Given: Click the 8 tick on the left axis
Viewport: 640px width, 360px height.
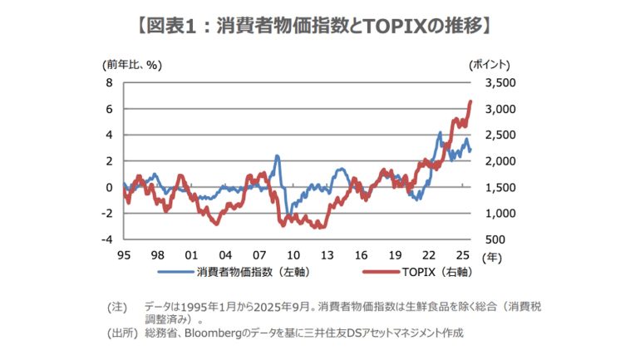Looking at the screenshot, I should coord(108,83).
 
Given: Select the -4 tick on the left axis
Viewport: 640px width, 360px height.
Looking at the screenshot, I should coord(106,239).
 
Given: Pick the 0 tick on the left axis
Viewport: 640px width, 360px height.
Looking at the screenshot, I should coord(108,187).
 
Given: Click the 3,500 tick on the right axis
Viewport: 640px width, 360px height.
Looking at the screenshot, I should coord(500,83).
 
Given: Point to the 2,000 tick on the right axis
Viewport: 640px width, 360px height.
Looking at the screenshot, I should coord(500,161).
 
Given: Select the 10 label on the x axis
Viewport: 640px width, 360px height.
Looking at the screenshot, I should coord(293,255).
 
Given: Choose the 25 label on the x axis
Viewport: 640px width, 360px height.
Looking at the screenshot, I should coord(463,255).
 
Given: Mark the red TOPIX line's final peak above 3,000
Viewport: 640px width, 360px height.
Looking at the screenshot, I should coord(470,101).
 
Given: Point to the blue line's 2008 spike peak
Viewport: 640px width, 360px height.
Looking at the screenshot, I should coord(277,155).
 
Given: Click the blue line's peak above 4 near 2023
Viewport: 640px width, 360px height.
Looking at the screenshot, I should coord(439,132).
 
